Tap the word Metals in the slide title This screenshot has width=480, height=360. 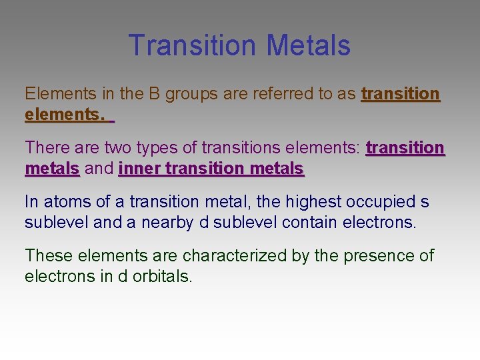(308, 45)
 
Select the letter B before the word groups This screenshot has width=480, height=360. (154, 94)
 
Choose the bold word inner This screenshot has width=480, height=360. (139, 169)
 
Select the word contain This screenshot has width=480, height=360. (311, 222)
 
